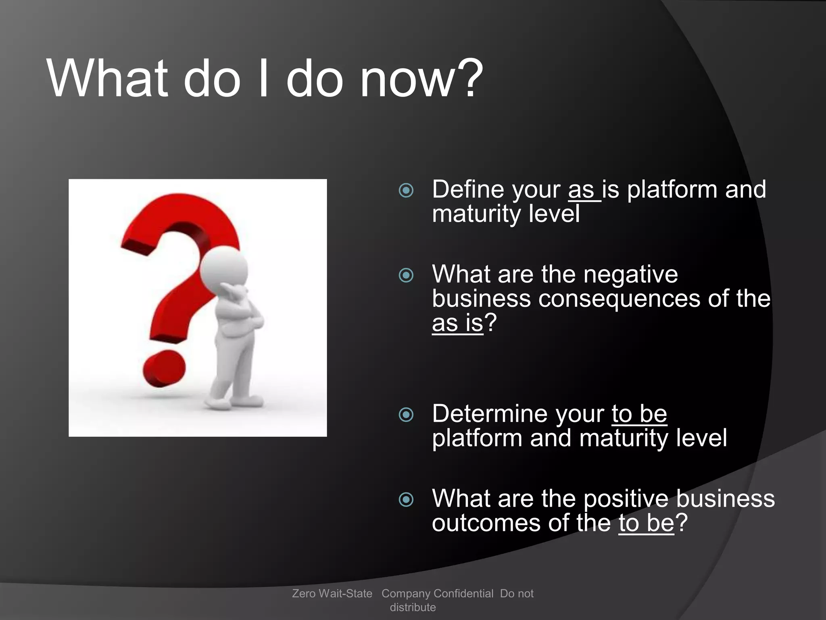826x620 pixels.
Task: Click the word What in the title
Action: click(x=107, y=79)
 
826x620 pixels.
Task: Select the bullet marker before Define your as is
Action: click(x=406, y=190)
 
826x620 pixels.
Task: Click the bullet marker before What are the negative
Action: click(x=406, y=275)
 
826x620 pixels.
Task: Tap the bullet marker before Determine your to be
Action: click(x=406, y=415)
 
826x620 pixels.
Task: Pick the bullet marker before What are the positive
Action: click(x=406, y=500)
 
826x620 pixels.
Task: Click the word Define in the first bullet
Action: click(x=467, y=189)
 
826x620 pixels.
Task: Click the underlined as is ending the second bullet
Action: click(x=457, y=323)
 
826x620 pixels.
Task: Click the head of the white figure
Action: click(x=223, y=268)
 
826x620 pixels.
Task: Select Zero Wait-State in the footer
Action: click(x=332, y=593)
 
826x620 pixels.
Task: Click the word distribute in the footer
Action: click(x=413, y=607)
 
